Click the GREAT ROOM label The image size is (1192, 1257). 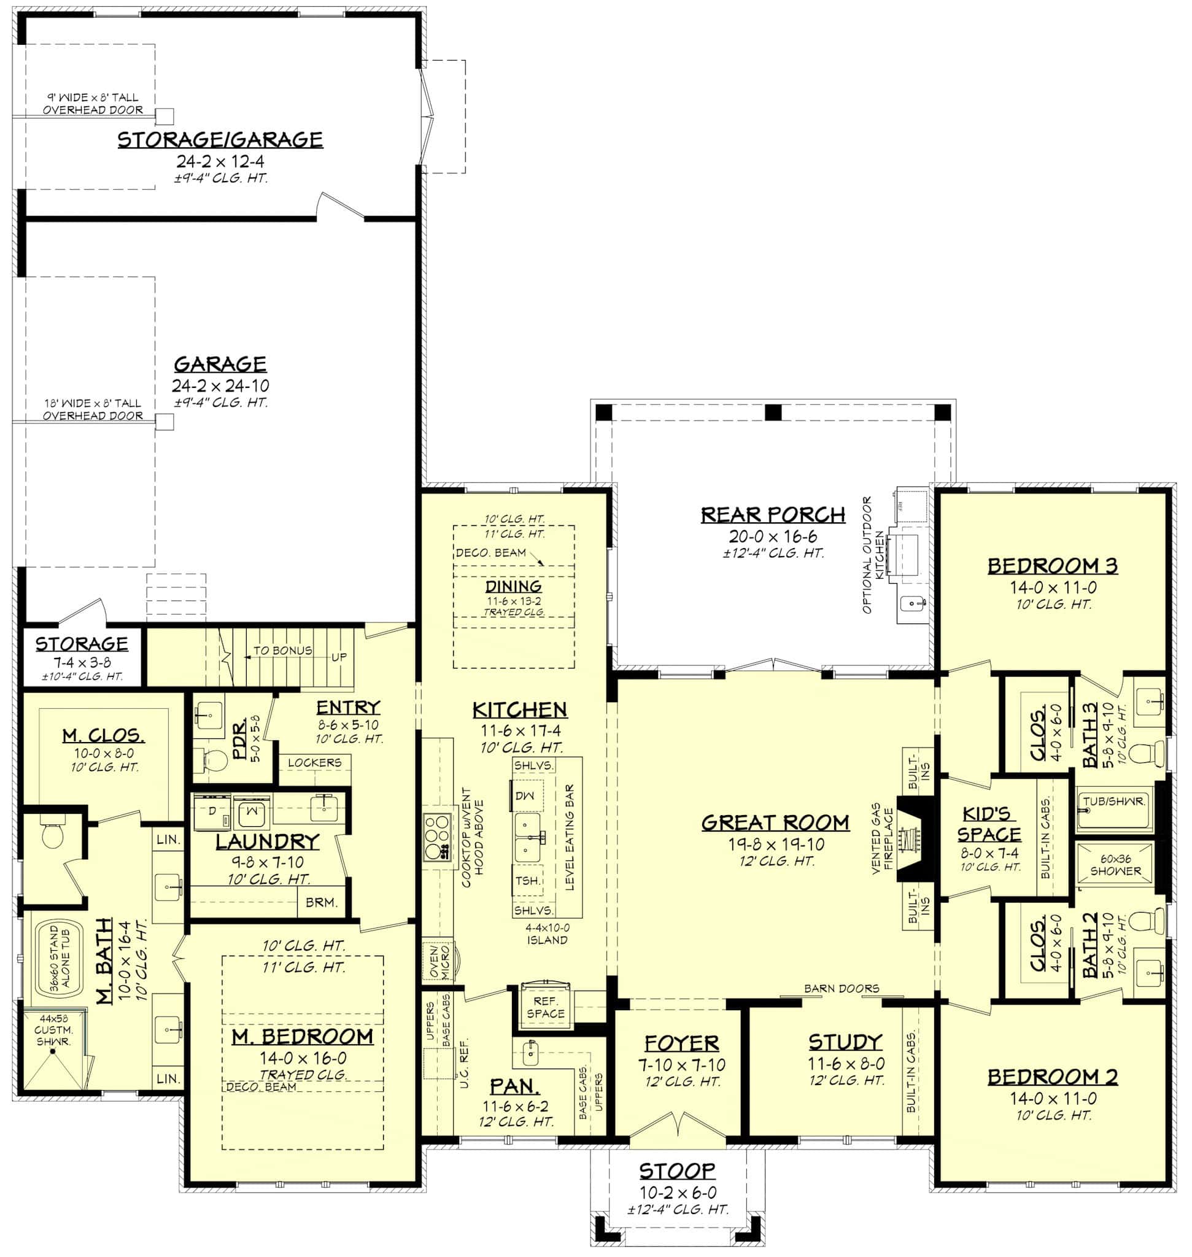click(x=775, y=822)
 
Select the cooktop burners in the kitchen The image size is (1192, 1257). click(x=437, y=837)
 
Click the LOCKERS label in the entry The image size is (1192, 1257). click(x=314, y=762)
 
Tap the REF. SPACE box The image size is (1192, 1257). click(x=545, y=1007)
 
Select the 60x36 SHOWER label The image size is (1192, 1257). click(x=1116, y=864)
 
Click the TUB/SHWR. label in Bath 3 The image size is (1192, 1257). click(x=1114, y=802)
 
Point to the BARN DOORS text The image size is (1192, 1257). click(x=842, y=988)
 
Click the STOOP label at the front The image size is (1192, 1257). click(x=678, y=1170)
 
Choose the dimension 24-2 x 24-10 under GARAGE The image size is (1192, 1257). click(x=220, y=385)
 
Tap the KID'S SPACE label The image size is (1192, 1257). click(x=989, y=824)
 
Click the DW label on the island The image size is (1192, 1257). click(x=525, y=795)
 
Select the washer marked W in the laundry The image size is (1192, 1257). click(x=251, y=811)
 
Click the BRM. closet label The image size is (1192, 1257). click(x=321, y=902)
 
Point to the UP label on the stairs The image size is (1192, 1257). click(x=339, y=657)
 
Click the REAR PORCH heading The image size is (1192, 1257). click(x=773, y=514)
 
